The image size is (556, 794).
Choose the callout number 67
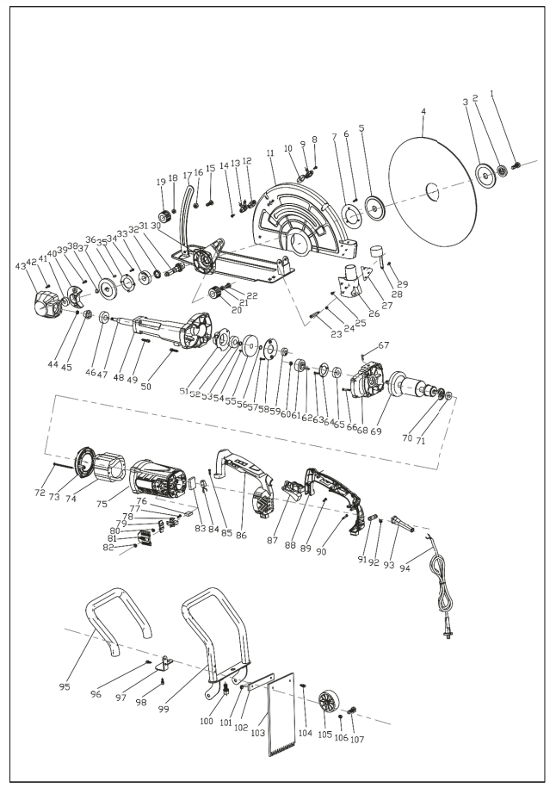pyautogui.click(x=384, y=345)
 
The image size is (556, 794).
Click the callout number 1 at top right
pyautogui.click(x=516, y=92)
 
